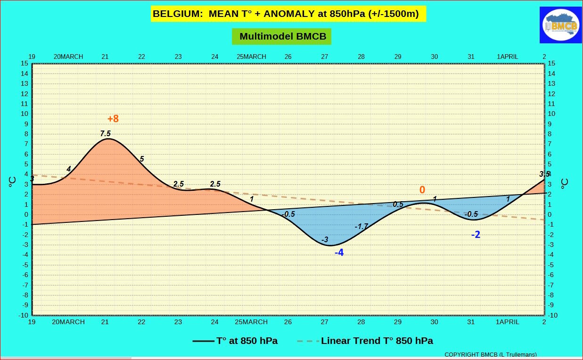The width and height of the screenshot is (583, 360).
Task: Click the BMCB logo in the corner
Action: coord(561,25)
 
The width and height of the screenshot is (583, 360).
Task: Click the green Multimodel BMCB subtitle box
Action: coord(282,36)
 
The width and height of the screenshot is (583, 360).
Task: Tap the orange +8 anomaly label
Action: coord(113,119)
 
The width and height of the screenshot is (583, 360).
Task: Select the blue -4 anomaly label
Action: coord(339,253)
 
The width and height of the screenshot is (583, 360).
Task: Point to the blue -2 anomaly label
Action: coord(476,235)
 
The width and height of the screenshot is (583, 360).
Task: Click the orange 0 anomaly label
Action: coord(422,190)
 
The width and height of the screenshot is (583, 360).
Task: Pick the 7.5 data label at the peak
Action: coord(106,133)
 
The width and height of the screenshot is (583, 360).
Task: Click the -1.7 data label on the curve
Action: coord(361,227)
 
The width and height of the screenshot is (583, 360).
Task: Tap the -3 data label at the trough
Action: coord(325,239)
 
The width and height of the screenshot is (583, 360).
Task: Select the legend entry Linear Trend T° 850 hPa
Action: coord(365,341)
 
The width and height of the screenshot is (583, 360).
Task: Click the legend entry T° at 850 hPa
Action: coord(235,341)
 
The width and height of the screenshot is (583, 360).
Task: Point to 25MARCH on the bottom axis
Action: coord(251,322)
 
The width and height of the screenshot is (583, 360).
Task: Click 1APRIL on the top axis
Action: coord(508,57)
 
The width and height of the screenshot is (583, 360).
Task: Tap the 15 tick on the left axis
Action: coord(25,64)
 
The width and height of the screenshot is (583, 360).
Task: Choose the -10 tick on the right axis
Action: coord(552,315)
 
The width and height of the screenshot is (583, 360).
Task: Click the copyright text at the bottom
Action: coord(491,354)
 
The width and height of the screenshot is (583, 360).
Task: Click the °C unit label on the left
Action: coord(12,182)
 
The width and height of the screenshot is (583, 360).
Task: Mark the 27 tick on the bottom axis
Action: coord(325,322)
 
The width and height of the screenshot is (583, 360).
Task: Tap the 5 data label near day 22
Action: coord(141,159)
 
